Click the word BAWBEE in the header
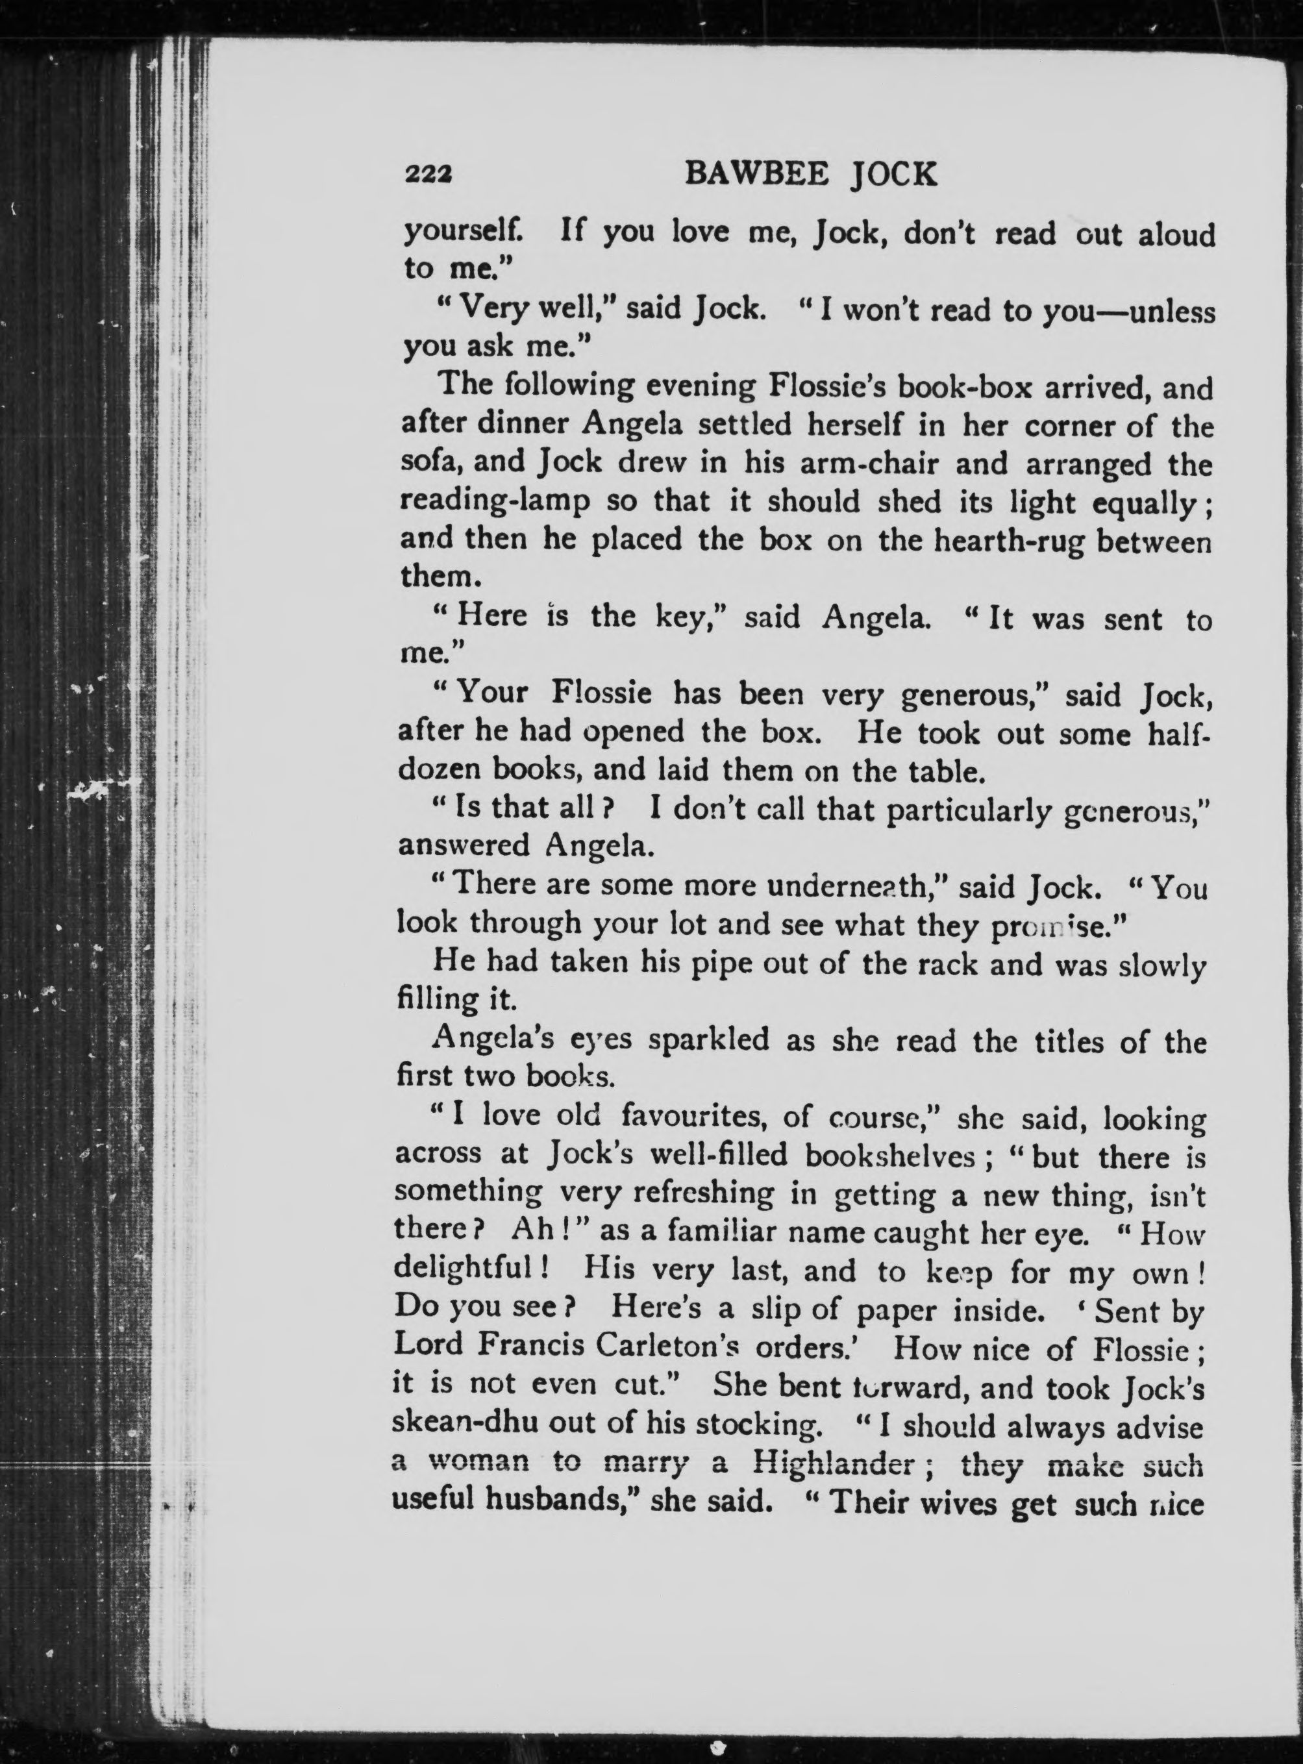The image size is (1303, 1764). click(756, 173)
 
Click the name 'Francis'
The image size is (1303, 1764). click(528, 1348)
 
